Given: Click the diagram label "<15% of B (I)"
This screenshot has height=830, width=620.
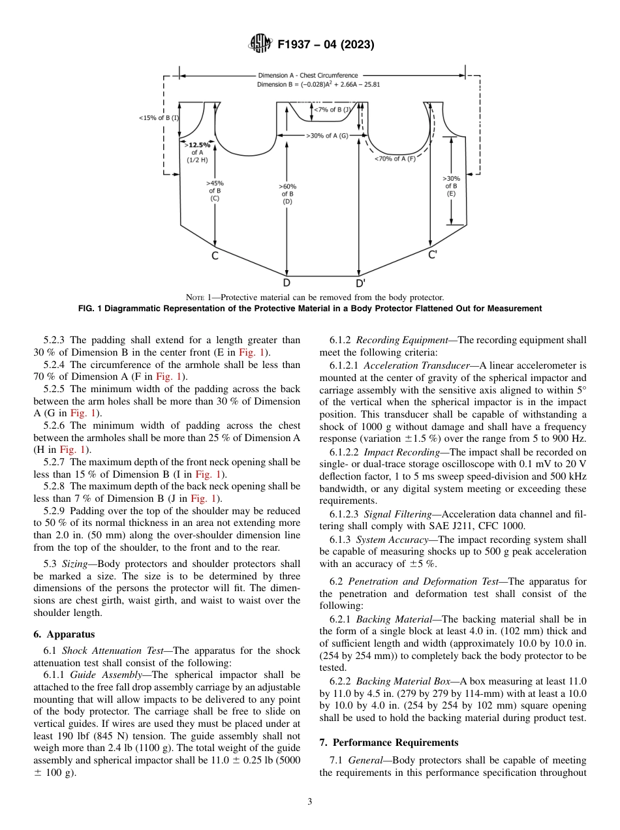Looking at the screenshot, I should coord(159,117).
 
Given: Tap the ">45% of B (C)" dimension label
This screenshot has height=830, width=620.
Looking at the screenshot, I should coord(214,191).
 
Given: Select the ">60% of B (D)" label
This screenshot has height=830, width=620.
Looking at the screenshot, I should coord(287,194).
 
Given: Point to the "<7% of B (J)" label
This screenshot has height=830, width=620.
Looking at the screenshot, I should coord(332,110).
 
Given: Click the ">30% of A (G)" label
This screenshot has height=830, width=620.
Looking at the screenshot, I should coord(327,136).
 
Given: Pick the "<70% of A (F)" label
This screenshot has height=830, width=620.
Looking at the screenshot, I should coord(395,159).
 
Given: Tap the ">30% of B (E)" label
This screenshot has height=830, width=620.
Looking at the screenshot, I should coord(451,185).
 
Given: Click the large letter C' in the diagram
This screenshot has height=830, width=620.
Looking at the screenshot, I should coord(432,255).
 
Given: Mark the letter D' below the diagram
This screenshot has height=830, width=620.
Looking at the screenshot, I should coord(360,283).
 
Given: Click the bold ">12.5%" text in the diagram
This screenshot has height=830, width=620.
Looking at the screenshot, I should coord(198,145).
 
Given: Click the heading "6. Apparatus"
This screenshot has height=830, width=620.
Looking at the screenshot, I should coord(64,634).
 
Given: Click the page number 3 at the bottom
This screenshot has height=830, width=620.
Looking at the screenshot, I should coord(310,801).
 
